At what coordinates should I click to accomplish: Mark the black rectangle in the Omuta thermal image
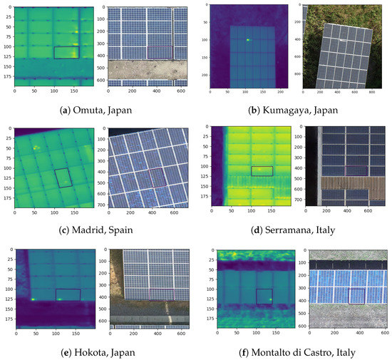pyautogui.click(x=66, y=53)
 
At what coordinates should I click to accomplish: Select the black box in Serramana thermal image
pyautogui.click(x=262, y=170)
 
